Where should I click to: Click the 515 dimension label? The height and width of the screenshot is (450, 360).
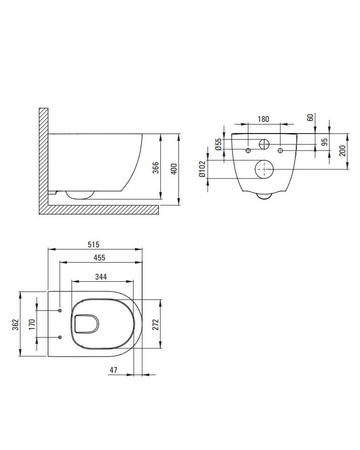pyautogui.click(x=94, y=244)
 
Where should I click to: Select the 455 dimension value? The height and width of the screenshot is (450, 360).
pyautogui.click(x=99, y=257)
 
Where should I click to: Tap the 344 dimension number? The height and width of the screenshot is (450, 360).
pyautogui.click(x=101, y=276)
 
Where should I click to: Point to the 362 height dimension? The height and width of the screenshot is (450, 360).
pyautogui.click(x=16, y=324)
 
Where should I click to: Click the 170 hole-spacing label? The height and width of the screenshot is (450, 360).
pyautogui.click(x=32, y=324)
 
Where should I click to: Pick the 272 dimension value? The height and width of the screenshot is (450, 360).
pyautogui.click(x=156, y=324)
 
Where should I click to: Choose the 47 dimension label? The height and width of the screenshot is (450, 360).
pyautogui.click(x=114, y=370)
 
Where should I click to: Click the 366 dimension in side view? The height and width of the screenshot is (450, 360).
pyautogui.click(x=156, y=168)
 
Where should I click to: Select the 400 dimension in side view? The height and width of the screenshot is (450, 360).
pyautogui.click(x=174, y=168)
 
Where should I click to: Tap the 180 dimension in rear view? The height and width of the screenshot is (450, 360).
pyautogui.click(x=263, y=119)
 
